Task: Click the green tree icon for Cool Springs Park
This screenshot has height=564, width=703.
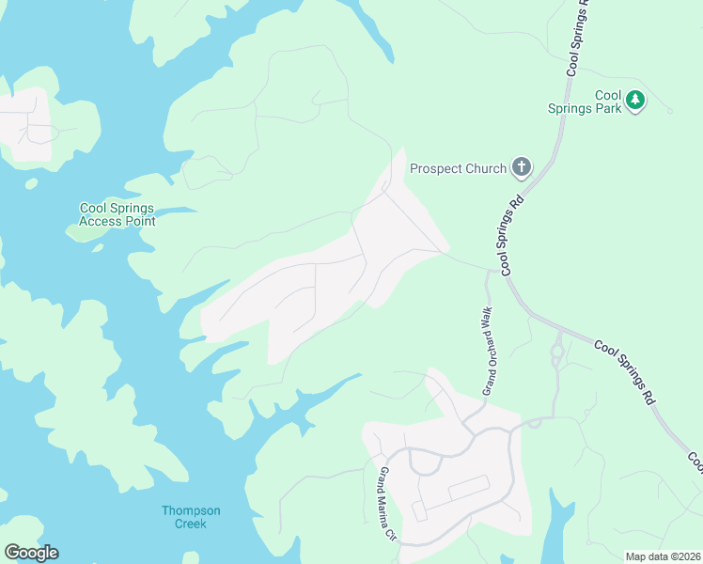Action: pyautogui.click(x=635, y=100)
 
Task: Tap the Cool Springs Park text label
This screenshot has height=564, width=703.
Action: pyautogui.click(x=597, y=102)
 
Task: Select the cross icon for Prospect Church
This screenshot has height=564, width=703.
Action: pyautogui.click(x=522, y=168)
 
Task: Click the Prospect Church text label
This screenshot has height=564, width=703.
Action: pyautogui.click(x=449, y=169)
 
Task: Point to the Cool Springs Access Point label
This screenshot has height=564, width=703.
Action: pyautogui.click(x=117, y=214)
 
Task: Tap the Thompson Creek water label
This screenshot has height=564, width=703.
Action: pyautogui.click(x=191, y=517)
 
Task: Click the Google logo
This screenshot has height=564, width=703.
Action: pyautogui.click(x=31, y=553)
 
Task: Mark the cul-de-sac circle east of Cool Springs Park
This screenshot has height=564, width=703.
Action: pyautogui.click(x=670, y=111)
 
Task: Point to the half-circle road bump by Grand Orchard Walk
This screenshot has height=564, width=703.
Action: pyautogui.click(x=535, y=424)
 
